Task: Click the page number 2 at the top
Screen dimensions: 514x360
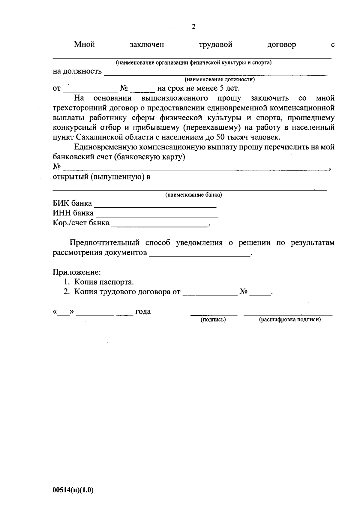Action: click(x=193, y=27)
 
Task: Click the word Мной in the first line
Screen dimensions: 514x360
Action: click(x=85, y=45)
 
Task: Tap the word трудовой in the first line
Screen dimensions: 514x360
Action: click(x=215, y=45)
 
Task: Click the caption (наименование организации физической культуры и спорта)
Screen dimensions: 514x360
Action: click(x=194, y=63)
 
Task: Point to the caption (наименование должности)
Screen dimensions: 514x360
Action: click(x=220, y=80)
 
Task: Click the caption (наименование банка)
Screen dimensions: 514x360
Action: click(x=193, y=195)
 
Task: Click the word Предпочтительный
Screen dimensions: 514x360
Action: click(x=105, y=243)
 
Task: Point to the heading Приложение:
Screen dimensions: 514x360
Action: click(x=77, y=272)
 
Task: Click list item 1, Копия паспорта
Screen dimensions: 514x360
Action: click(x=104, y=282)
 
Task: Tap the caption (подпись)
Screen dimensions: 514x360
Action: click(x=213, y=320)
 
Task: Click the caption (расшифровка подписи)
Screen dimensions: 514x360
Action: click(x=290, y=320)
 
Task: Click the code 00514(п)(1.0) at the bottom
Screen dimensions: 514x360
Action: click(x=73, y=490)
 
